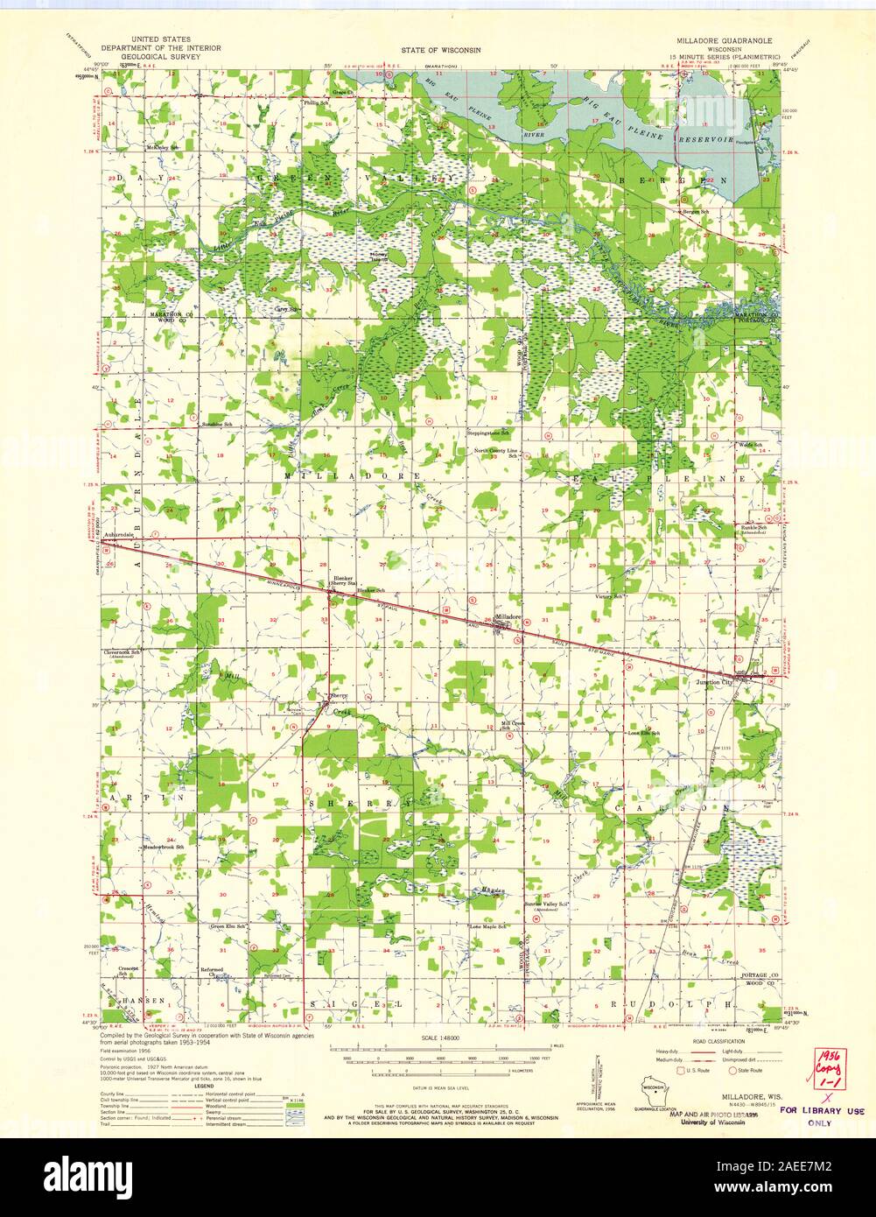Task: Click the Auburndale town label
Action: point(118,533)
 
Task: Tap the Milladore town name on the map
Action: point(508,616)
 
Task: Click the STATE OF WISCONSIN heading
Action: point(441,51)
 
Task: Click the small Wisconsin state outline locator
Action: point(650,1093)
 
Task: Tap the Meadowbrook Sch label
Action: point(165,847)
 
